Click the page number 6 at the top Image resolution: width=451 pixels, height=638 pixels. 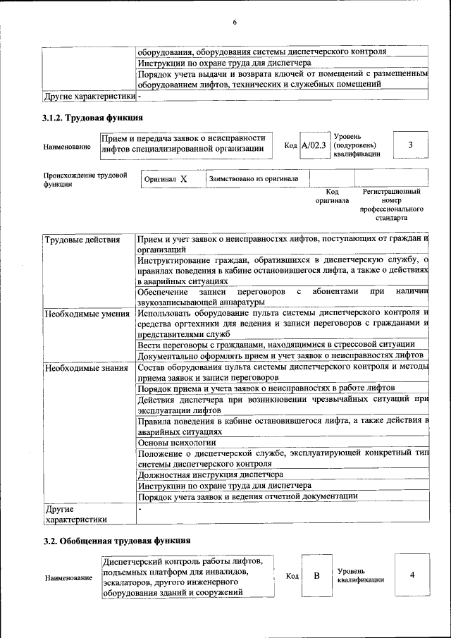pos(234,23)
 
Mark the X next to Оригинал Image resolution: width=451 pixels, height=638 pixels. pos(183,179)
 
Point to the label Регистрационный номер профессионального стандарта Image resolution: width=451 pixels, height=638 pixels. pos(391,204)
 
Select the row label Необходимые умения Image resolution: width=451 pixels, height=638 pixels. pos(87,313)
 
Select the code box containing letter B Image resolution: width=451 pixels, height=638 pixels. pos(317,575)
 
